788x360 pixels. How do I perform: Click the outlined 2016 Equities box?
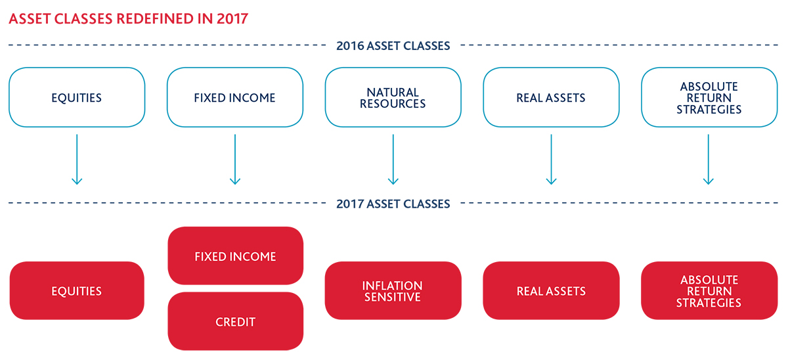pyautogui.click(x=77, y=97)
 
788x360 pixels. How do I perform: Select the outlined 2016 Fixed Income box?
pyautogui.click(x=234, y=97)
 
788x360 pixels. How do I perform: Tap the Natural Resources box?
pyautogui.click(x=393, y=97)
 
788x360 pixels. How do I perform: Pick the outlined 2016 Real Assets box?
pyautogui.click(x=551, y=97)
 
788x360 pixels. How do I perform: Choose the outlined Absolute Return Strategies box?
pyautogui.click(x=709, y=97)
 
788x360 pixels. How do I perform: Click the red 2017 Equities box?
pyautogui.click(x=77, y=290)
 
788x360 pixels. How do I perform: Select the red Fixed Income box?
pyautogui.click(x=235, y=256)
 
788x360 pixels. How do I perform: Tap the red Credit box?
pyautogui.click(x=235, y=321)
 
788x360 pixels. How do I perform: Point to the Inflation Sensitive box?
pyautogui.click(x=393, y=290)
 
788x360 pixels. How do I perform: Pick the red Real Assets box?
pyautogui.click(x=551, y=290)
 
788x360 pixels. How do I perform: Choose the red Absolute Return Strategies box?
pyautogui.click(x=709, y=290)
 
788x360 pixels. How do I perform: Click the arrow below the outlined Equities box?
pyautogui.click(x=77, y=160)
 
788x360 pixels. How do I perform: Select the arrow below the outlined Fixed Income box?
pyautogui.click(x=234, y=160)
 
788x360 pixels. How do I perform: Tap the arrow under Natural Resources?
pyautogui.click(x=393, y=160)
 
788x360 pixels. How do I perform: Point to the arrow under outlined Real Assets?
pyautogui.click(x=551, y=160)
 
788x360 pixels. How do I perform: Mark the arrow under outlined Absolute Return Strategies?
pyautogui.click(x=709, y=160)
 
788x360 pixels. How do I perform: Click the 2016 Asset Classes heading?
pyautogui.click(x=393, y=46)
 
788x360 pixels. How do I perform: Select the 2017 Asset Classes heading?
pyautogui.click(x=393, y=204)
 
